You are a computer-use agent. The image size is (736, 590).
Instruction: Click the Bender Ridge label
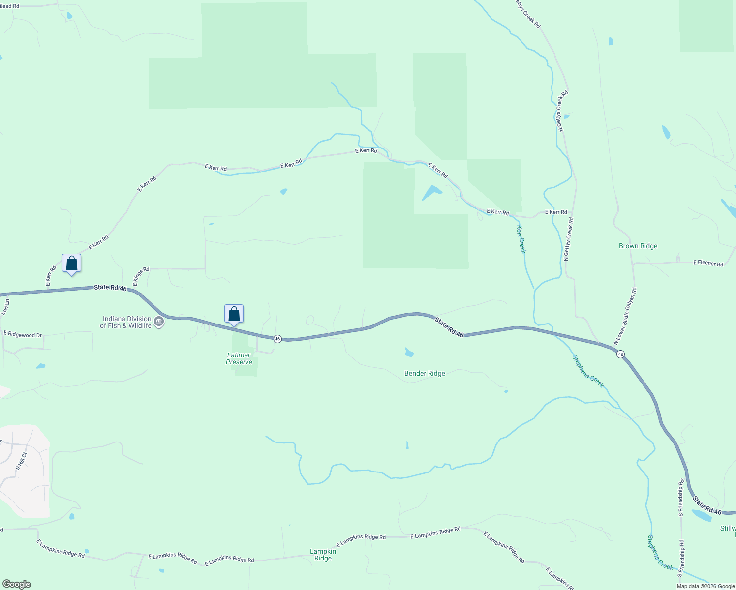(x=425, y=374)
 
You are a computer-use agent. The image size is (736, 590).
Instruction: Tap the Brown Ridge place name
(x=638, y=246)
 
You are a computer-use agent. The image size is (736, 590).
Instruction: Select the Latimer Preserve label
(x=239, y=359)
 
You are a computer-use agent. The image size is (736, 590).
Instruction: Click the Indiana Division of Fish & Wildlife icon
(x=159, y=322)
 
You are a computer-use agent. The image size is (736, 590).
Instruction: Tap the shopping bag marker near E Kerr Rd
(x=72, y=264)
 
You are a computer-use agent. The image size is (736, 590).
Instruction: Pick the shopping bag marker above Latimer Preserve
(x=234, y=314)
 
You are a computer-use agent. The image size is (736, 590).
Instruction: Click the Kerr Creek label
(x=521, y=239)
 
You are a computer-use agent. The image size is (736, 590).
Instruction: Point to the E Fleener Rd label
(x=708, y=264)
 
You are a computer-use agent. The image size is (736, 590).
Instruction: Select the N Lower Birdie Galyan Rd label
(x=625, y=316)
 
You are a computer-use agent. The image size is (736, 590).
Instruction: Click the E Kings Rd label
(x=141, y=277)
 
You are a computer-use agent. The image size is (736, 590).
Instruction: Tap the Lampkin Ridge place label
(x=323, y=555)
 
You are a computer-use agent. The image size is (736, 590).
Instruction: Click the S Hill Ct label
(x=21, y=461)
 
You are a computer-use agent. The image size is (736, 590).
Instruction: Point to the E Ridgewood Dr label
(x=23, y=335)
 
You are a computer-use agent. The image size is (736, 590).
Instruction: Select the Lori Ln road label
(x=5, y=307)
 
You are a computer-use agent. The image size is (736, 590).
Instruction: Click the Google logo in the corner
(x=17, y=584)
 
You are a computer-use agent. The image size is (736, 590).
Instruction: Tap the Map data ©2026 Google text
(x=705, y=586)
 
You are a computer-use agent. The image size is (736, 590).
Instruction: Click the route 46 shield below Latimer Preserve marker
(x=277, y=339)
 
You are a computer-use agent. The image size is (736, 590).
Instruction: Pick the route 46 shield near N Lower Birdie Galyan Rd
(x=620, y=354)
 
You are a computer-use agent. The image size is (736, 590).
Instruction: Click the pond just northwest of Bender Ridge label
(x=409, y=352)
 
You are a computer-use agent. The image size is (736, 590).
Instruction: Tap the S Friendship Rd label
(x=681, y=498)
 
